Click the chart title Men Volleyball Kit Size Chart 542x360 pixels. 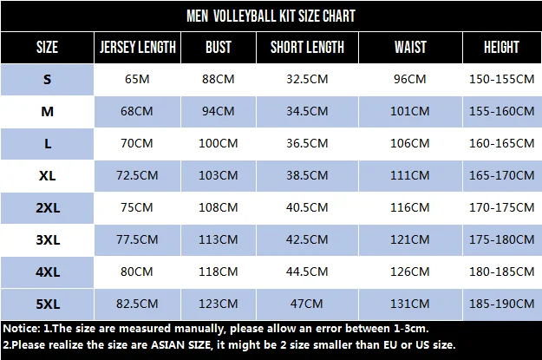coord(271,16)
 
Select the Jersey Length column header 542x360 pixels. coord(138,47)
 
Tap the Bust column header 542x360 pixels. coord(219,47)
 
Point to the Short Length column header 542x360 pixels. coord(307,47)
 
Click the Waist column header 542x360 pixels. coord(409,47)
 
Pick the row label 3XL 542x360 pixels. coord(48,239)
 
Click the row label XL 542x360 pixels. coord(48,175)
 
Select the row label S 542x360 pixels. coord(48,79)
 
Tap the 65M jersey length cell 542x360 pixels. coord(138,79)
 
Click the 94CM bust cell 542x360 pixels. coord(219,111)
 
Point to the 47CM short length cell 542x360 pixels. coord(307,304)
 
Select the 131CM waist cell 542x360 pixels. coord(409,304)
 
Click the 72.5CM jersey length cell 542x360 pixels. coord(138,175)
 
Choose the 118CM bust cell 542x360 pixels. coord(219,272)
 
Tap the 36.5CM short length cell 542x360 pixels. coord(307,143)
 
